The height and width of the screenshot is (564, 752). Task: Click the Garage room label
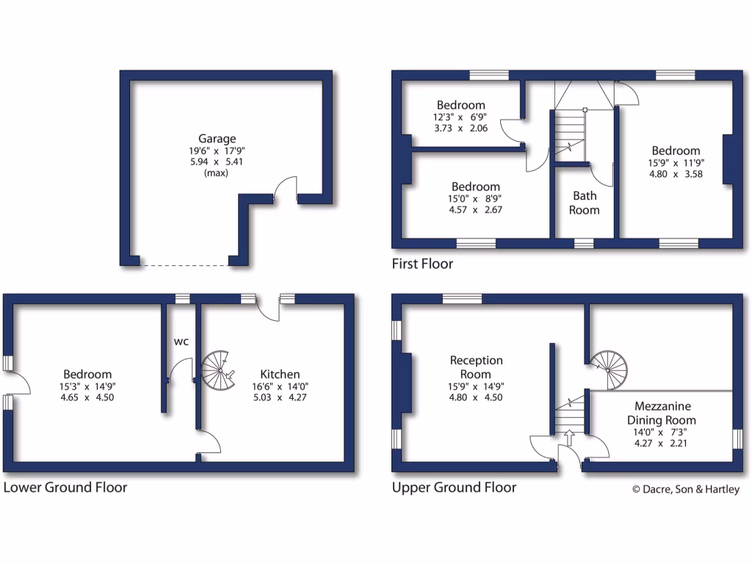tap(217, 138)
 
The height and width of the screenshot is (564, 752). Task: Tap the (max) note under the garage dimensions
tap(217, 173)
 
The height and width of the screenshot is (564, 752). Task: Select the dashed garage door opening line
tap(184, 264)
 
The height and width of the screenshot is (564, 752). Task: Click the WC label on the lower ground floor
tap(181, 341)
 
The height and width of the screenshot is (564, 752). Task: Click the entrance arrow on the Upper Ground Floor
tap(568, 438)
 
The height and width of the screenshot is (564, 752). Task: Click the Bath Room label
tap(585, 203)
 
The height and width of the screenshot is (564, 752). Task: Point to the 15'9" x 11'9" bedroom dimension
tap(675, 164)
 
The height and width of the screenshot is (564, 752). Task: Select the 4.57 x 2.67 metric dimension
tap(476, 209)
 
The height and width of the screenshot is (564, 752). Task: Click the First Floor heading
tap(422, 263)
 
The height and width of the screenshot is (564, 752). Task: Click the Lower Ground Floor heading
tap(65, 488)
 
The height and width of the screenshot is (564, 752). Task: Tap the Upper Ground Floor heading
tap(454, 488)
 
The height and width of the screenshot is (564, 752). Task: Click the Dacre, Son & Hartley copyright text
tap(686, 490)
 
